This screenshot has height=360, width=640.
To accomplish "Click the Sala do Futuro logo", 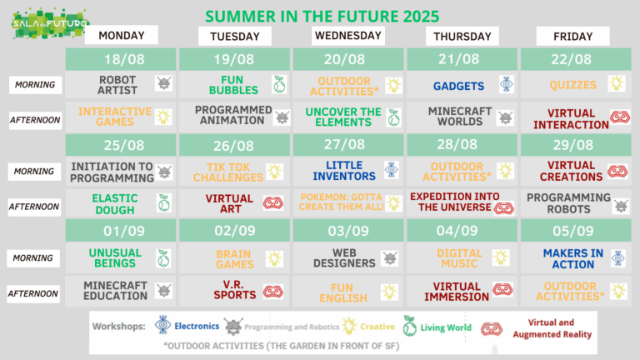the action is coord(50,23).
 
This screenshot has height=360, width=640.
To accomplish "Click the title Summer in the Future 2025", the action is coord(322,17).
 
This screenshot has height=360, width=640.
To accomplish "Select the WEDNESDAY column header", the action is coord(348,36).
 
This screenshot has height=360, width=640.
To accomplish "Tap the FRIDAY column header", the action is coord(572,37).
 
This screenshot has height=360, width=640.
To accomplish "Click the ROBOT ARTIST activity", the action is coord(117,85).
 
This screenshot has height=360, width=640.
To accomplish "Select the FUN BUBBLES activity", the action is coord(233,85).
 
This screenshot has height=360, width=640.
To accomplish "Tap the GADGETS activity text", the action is coord(459,86).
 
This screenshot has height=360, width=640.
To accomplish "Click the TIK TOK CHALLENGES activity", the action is coord(228,172).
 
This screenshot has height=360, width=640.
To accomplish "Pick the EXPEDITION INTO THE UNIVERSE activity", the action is coord(455,202).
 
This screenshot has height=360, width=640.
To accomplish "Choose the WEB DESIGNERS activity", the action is coord(344,258).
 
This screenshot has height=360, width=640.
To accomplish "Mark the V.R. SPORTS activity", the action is coord(235,290).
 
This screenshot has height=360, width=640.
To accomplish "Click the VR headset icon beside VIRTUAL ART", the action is coord(273,202).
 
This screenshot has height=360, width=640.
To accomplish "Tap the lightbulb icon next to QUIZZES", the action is coord(617,83).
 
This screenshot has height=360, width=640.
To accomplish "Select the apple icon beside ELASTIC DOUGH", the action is coord(164,202).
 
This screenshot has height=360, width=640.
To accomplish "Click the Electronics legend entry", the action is coord(187,325).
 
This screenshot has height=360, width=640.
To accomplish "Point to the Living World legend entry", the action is coord(437,327).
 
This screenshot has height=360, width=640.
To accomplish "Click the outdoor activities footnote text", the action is coord(281,346).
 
